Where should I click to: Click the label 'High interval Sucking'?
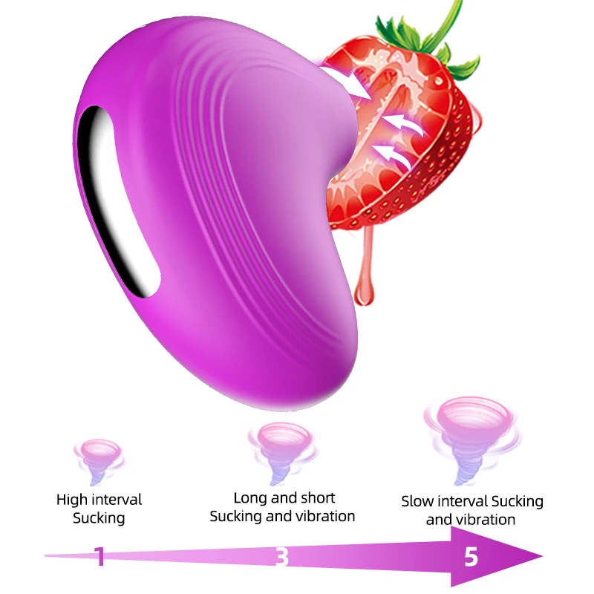(99, 509)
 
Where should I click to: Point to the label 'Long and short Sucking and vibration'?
(283, 506)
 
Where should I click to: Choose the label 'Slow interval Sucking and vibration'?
(472, 510)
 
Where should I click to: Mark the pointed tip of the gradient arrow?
(541, 556)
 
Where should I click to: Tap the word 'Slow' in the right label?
(418, 501)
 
